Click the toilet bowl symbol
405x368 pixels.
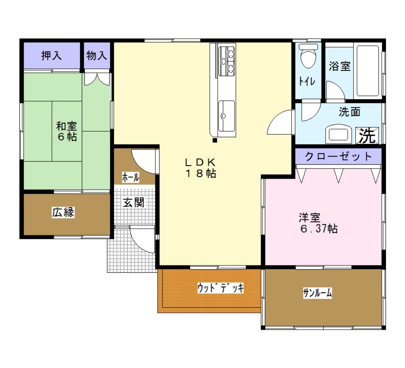[308, 56]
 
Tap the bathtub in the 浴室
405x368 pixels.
[368, 71]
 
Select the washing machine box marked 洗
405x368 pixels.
[367, 135]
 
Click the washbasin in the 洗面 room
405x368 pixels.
[338, 134]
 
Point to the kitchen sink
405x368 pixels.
[227, 116]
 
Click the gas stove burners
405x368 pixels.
[227, 61]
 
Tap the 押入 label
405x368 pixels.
[51, 55]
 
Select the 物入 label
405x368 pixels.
[97, 55]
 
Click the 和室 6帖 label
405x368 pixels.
[67, 131]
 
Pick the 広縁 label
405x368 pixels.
[63, 212]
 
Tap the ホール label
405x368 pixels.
[131, 178]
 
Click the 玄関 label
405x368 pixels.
[133, 203]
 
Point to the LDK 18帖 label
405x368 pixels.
[201, 168]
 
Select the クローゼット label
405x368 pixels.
[338, 156]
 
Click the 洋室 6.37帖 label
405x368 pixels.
[318, 223]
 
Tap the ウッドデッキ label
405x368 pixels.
[220, 288]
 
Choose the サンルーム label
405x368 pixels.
[317, 293]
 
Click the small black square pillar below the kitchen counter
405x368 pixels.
[215, 140]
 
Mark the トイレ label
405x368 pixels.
[307, 81]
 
